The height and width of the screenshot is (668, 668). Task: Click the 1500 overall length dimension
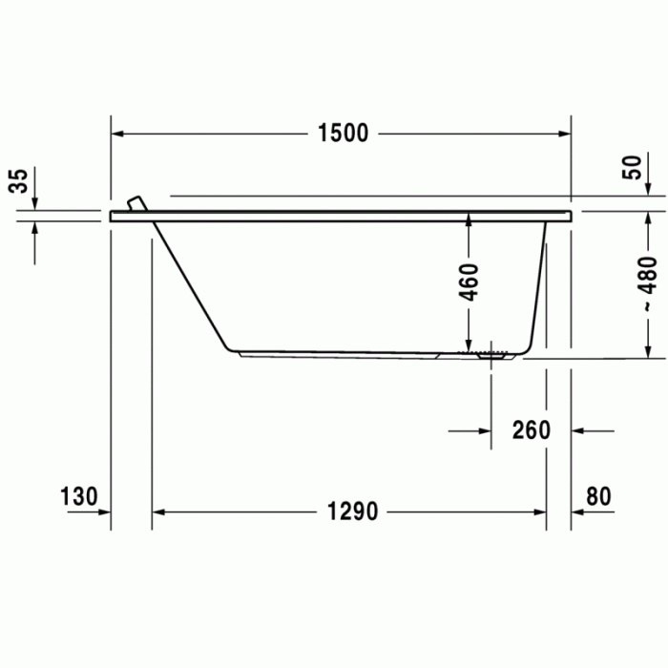click(x=343, y=133)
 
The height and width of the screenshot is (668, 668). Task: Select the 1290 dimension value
click(x=352, y=511)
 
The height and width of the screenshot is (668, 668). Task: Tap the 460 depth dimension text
click(x=470, y=282)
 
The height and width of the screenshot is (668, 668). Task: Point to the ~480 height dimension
click(x=649, y=284)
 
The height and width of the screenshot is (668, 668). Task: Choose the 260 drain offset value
click(x=532, y=429)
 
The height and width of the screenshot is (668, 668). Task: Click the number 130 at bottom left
click(x=79, y=496)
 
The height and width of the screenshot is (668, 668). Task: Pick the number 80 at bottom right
click(x=598, y=496)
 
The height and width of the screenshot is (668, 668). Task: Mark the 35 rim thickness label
click(x=18, y=181)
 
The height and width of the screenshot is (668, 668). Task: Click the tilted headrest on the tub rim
click(x=137, y=203)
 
